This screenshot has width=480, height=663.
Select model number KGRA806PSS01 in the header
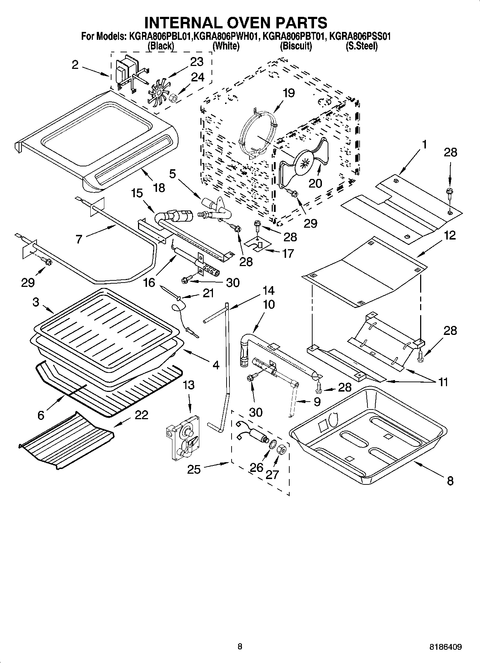pyautogui.click(x=360, y=36)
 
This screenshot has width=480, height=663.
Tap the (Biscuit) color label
pyautogui.click(x=296, y=46)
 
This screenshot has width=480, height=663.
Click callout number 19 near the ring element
pyautogui.click(x=288, y=93)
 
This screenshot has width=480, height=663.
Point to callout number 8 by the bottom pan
pyautogui.click(x=450, y=480)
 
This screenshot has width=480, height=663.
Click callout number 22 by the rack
pyautogui.click(x=141, y=415)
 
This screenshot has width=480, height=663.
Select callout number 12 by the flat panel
pyautogui.click(x=450, y=235)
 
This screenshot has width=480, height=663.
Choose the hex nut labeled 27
pyautogui.click(x=282, y=449)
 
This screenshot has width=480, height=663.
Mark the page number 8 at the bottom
pyautogui.click(x=240, y=647)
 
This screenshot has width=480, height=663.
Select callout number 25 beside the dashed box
pyautogui.click(x=194, y=469)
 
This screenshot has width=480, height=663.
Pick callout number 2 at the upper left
pyautogui.click(x=75, y=65)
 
